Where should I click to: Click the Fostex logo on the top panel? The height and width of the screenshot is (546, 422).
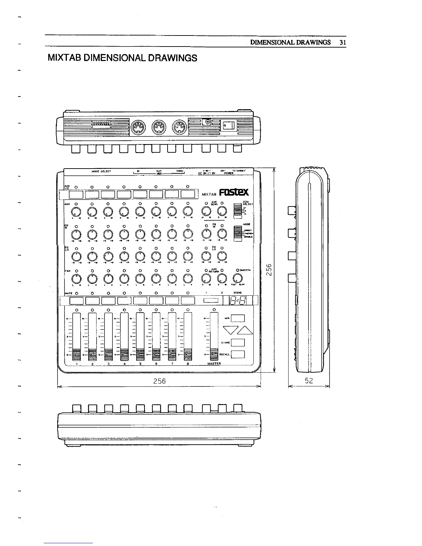(235, 192)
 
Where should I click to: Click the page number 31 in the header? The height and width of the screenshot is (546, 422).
(342, 42)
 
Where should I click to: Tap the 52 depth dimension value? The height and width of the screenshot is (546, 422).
(309, 381)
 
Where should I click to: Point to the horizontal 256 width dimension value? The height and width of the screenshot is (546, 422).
(159, 381)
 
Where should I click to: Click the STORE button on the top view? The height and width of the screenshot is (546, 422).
(238, 343)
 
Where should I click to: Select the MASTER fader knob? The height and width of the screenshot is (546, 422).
(214, 354)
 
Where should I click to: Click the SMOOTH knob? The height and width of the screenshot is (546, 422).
(238, 278)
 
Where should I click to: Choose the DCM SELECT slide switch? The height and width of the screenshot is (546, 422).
(236, 211)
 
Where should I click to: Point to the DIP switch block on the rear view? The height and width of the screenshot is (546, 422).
(101, 123)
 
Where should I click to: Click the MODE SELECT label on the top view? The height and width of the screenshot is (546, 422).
(101, 171)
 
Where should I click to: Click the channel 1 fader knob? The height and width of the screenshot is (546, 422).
(76, 354)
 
